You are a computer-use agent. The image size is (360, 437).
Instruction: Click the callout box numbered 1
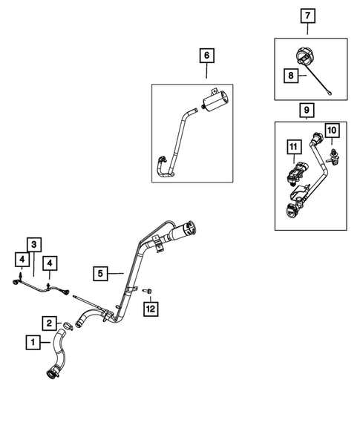coord(33,342)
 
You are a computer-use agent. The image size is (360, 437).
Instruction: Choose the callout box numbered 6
coord(206,54)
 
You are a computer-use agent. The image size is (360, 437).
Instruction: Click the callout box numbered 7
coord(307,14)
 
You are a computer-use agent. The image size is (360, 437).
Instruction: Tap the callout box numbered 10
coord(331,131)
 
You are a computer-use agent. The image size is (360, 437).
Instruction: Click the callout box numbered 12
coord(151,306)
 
